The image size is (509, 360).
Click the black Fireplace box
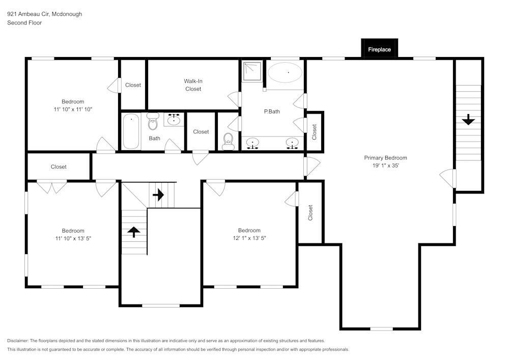[379, 49]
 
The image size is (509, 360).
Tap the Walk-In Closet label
[193, 85]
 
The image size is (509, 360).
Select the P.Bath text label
[271, 112]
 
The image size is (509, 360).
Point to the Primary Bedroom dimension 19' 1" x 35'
[385, 165]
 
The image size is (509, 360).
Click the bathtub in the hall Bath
[131, 131]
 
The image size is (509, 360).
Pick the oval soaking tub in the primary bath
[285, 73]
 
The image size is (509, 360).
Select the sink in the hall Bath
[174, 120]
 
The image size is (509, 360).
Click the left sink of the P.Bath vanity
[252, 143]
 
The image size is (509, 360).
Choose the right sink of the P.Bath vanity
[292, 143]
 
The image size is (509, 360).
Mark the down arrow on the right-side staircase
[468, 120]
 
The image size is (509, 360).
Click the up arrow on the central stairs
[133, 232]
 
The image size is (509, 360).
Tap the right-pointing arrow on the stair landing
[158, 195]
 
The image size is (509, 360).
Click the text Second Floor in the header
[24, 23]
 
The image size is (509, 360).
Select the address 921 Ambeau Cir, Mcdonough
[44, 14]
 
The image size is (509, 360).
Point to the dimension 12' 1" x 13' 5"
[249, 238]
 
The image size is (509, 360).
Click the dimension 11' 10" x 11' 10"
[73, 109]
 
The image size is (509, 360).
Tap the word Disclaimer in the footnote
[18, 341]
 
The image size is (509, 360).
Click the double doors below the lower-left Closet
[52, 187]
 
